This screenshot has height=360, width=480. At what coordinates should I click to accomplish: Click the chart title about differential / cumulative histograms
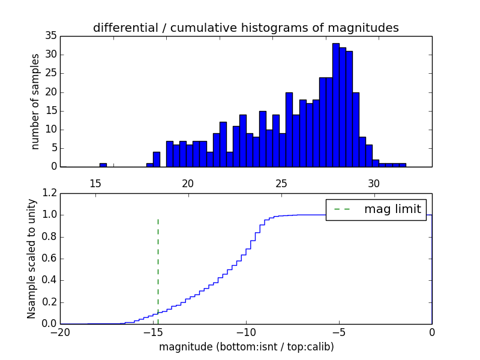245,28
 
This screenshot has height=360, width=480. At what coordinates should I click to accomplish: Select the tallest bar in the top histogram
335,105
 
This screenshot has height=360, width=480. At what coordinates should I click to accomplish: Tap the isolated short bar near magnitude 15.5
103,164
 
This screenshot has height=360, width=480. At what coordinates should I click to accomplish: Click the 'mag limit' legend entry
376,209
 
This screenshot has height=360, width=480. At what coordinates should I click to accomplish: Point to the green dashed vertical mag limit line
158,264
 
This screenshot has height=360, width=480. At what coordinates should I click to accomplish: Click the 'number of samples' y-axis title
35,101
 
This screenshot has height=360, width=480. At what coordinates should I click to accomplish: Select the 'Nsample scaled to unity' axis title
32,259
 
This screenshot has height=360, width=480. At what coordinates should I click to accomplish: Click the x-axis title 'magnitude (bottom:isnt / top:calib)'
246,347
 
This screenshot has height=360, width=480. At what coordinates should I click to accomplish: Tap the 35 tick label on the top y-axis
50,36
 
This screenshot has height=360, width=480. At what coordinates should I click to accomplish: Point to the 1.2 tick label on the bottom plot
47,193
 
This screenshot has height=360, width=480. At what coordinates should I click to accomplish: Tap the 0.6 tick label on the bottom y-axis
47,259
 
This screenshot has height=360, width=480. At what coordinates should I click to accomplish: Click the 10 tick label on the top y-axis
50,129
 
